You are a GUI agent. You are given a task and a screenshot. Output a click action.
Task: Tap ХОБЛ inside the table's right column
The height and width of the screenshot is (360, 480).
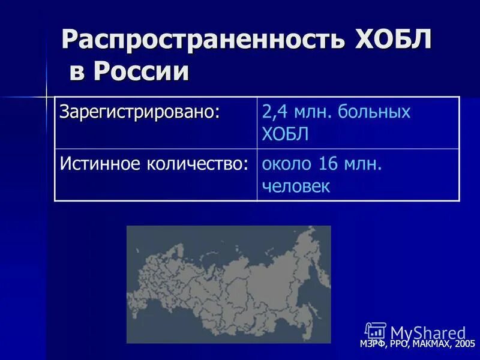(285, 134)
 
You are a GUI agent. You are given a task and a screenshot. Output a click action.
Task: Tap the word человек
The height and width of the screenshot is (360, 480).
(296, 186)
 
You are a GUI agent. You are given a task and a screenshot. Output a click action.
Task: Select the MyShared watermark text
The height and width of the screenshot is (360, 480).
(428, 332)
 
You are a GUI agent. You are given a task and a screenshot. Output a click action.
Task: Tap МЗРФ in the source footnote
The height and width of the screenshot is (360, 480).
(374, 344)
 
